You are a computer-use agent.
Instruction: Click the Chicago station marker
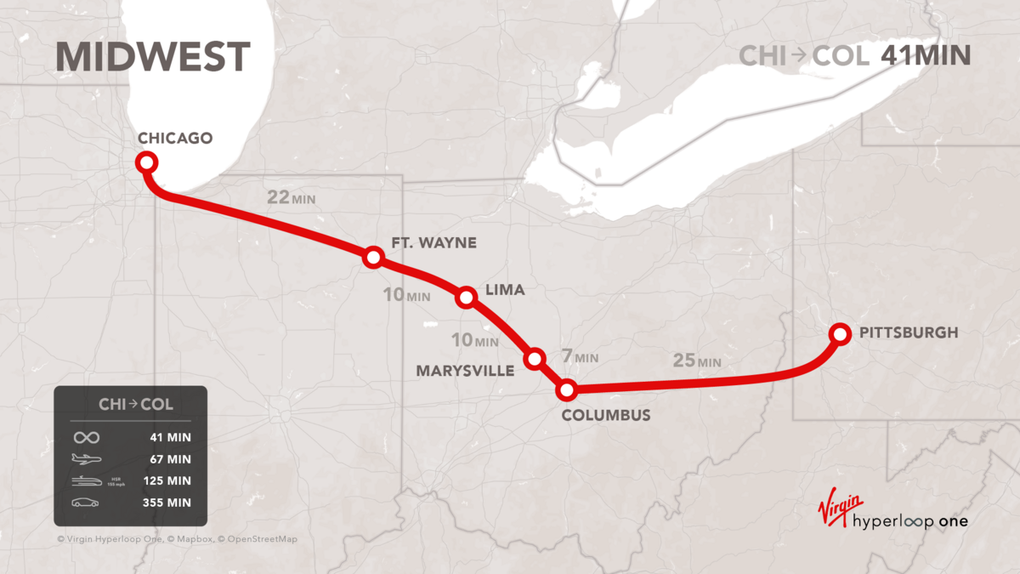click(146, 162)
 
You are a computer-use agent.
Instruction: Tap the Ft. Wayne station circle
click(372, 257)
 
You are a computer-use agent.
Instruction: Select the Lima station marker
click(466, 297)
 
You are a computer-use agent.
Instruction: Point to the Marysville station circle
click(535, 359)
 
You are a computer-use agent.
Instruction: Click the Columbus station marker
click(566, 390)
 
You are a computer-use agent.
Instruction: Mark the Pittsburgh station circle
click(840, 333)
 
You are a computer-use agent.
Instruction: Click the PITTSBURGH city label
click(909, 333)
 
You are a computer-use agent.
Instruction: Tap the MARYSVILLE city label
click(465, 371)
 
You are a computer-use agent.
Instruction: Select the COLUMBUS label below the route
click(606, 415)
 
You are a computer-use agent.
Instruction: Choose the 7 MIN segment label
click(581, 358)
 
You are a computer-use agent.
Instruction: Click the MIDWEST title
click(153, 57)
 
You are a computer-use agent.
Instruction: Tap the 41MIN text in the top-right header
click(926, 56)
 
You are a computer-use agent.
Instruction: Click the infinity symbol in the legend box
click(86, 437)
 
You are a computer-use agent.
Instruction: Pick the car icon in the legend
click(85, 503)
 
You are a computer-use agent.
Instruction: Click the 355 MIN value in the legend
click(167, 503)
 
